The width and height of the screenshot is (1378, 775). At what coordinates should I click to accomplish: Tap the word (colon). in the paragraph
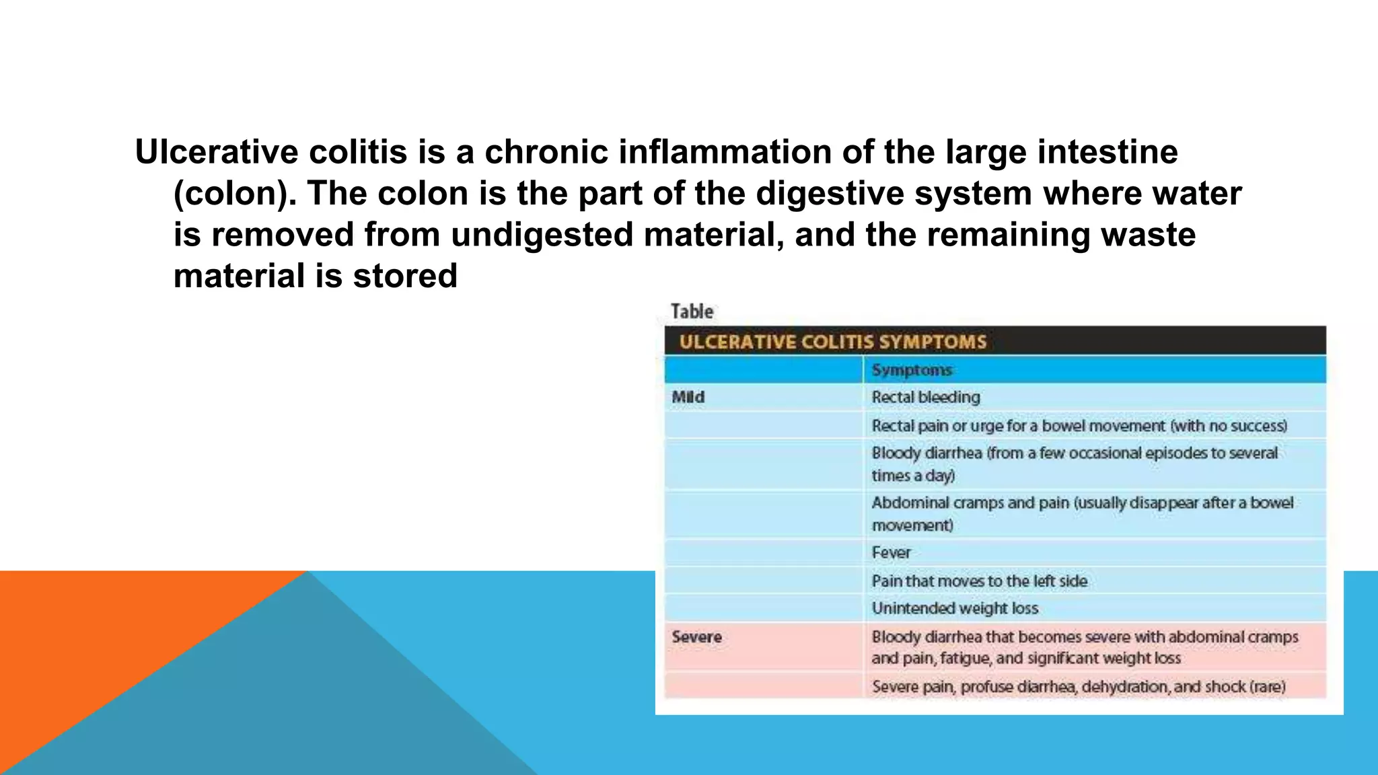point(235,194)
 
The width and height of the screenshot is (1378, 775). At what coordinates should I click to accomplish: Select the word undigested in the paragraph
point(542,235)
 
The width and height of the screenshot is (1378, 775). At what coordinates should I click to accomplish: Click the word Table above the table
point(692,311)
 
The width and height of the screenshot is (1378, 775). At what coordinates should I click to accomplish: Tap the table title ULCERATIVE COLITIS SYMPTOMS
point(832,342)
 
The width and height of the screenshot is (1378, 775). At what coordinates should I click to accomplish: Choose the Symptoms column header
point(912,370)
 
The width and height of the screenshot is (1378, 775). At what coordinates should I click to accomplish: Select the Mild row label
point(688,397)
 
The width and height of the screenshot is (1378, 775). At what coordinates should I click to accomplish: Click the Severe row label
point(696,636)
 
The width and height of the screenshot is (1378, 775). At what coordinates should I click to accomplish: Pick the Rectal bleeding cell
point(926,397)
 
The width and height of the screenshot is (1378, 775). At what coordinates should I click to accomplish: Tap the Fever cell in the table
point(891,552)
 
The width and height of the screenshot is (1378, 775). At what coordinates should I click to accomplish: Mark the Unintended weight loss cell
point(955,608)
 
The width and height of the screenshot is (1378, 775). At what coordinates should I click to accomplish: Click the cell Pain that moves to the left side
point(979,581)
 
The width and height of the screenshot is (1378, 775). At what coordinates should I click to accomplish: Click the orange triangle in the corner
point(101,646)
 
